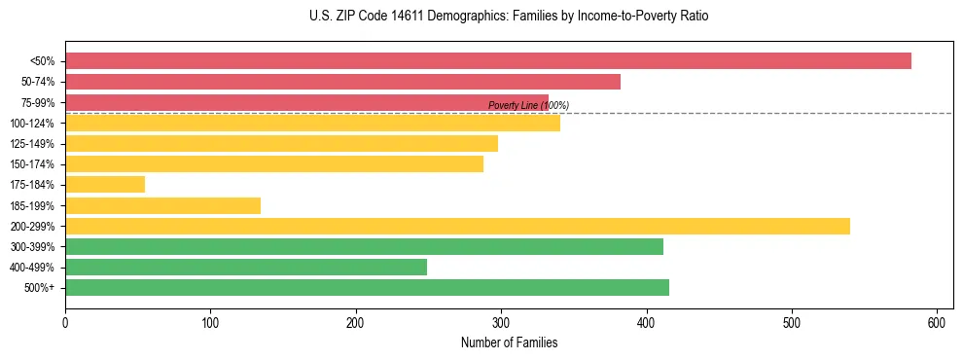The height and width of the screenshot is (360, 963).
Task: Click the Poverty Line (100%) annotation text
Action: click(x=528, y=105)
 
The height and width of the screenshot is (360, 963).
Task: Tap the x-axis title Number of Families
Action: click(x=509, y=343)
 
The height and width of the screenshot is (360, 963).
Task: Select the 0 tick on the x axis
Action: click(x=65, y=323)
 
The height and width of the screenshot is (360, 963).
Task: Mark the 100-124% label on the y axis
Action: click(x=32, y=124)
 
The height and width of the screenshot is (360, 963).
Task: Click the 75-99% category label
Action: click(x=37, y=102)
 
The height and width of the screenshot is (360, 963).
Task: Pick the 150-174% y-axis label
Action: click(x=32, y=164)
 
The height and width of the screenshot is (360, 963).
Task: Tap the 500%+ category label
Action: click(x=41, y=288)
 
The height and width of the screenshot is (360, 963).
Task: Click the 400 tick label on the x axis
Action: click(x=646, y=323)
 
